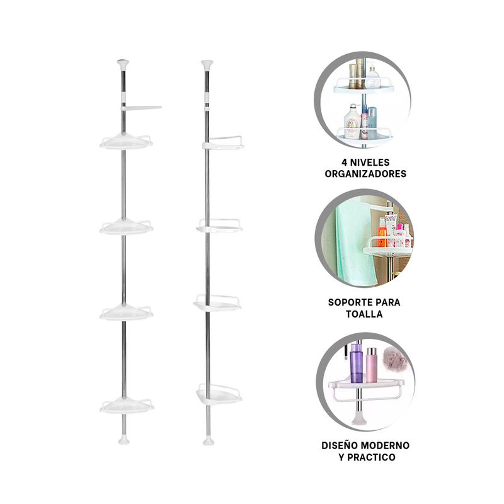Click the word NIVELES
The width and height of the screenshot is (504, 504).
[370, 163]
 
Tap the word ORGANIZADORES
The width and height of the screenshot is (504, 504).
[365, 174]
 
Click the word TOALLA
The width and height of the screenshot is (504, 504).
[364, 314]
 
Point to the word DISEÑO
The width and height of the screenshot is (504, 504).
[341, 445]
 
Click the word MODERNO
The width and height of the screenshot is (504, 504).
[387, 445]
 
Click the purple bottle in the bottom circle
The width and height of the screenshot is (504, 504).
[357, 364]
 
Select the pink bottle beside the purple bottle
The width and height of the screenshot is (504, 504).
[371, 365]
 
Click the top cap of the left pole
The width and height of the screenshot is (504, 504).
[123, 65]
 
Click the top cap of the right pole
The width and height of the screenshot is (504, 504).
[207, 66]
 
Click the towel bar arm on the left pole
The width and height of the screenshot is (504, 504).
[141, 108]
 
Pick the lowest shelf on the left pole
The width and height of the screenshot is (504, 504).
[127, 405]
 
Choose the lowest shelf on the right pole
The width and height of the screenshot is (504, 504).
[219, 394]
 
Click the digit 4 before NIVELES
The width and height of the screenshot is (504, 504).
[344, 163]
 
